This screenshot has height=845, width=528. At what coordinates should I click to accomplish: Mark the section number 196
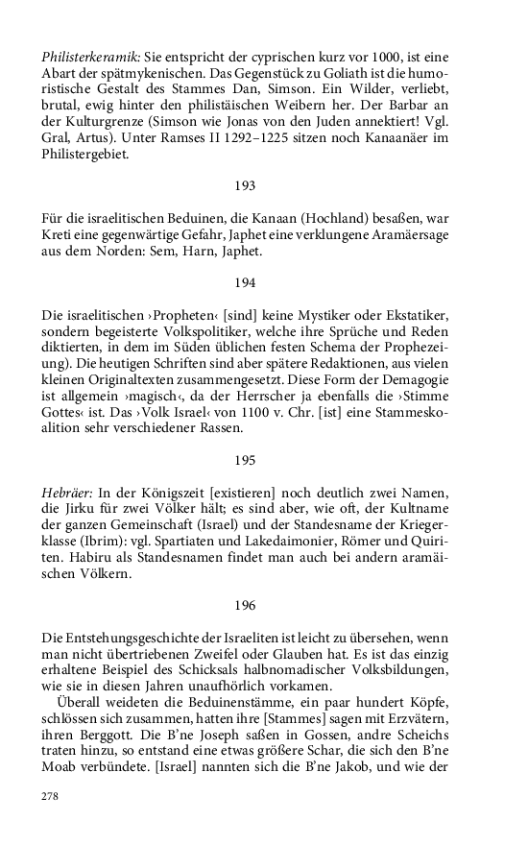(245, 605)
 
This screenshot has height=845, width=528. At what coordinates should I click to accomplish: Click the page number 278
(51, 796)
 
